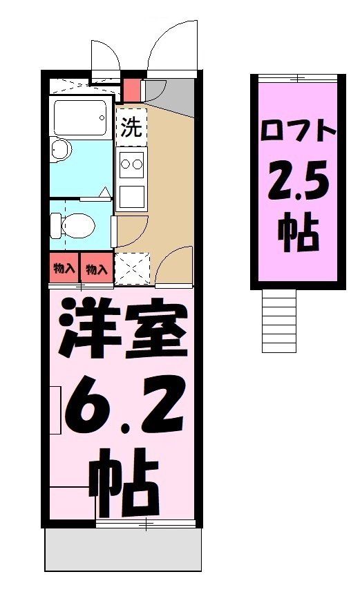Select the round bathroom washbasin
click(x=61, y=149)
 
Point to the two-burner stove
click(x=131, y=164)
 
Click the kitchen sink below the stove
click(x=131, y=197)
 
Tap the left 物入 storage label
click(x=64, y=268)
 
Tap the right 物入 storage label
click(x=97, y=268)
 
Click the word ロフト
click(x=298, y=131)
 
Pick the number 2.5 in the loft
click(x=299, y=181)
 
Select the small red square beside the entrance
click(x=131, y=88)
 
